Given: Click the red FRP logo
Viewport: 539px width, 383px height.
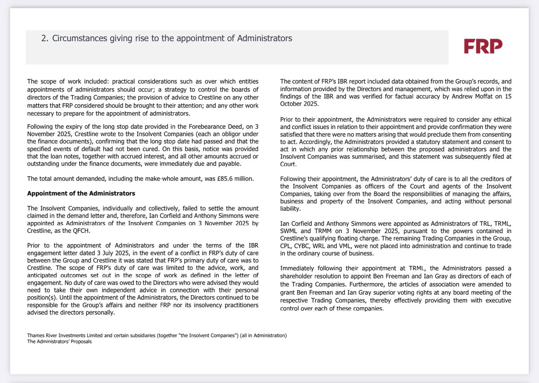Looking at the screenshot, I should click(x=483, y=46).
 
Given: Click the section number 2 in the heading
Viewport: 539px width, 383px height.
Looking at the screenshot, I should click(x=44, y=39).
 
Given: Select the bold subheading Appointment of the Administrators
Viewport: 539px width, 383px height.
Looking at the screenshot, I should click(x=81, y=194).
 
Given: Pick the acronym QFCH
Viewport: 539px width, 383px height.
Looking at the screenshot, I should click(x=80, y=230).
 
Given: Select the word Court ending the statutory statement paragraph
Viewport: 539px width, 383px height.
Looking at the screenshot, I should click(x=289, y=165).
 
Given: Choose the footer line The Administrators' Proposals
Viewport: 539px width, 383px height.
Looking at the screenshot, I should click(x=59, y=342).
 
